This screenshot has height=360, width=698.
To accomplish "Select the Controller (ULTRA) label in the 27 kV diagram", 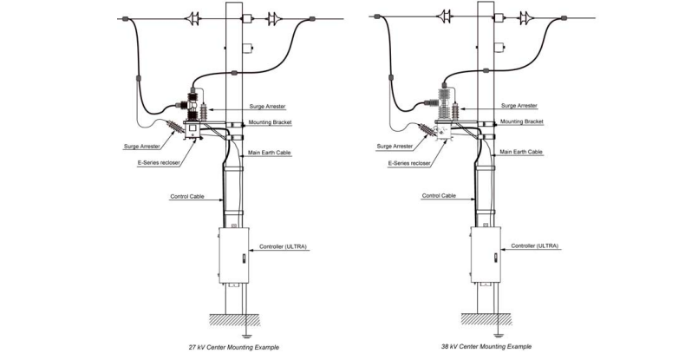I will click(284, 247).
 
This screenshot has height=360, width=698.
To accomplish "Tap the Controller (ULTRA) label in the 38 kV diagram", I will click(535, 246).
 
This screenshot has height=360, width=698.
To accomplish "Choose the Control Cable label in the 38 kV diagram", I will click(438, 196).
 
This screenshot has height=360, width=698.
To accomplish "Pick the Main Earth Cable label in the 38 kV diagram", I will click(522, 152).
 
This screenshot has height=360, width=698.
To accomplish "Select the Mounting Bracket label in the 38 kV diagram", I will click(522, 122).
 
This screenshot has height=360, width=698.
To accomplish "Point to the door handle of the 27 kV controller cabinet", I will click(249, 258).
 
